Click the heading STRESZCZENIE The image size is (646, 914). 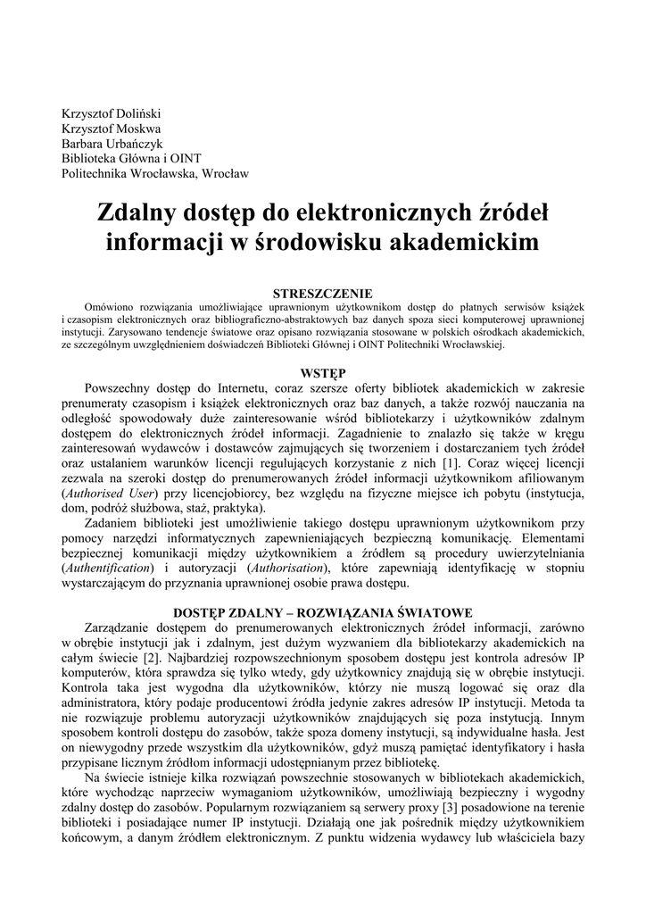click(322, 292)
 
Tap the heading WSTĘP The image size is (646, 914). click(322, 372)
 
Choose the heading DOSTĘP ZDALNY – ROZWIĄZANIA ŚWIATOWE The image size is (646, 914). click(322, 612)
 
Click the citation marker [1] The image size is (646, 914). click(451, 462)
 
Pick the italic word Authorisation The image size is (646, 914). click(288, 568)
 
